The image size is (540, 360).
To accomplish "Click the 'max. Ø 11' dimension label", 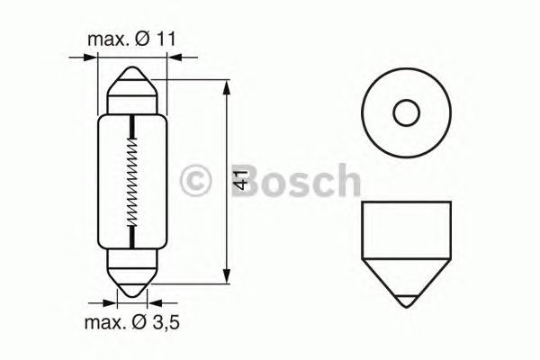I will pyautogui.click(x=131, y=40).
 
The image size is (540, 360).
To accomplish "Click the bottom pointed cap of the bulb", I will pyautogui.click(x=133, y=283).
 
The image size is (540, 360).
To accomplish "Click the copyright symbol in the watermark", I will pyautogui.click(x=195, y=180).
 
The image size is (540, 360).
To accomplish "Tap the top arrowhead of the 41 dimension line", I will pyautogui.click(x=225, y=85).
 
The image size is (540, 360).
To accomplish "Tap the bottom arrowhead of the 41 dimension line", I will pyautogui.click(x=225, y=278).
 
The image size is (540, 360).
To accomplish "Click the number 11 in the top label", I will pyautogui.click(x=164, y=40).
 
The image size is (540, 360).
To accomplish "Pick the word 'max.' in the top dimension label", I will pyautogui.click(x=103, y=40).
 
